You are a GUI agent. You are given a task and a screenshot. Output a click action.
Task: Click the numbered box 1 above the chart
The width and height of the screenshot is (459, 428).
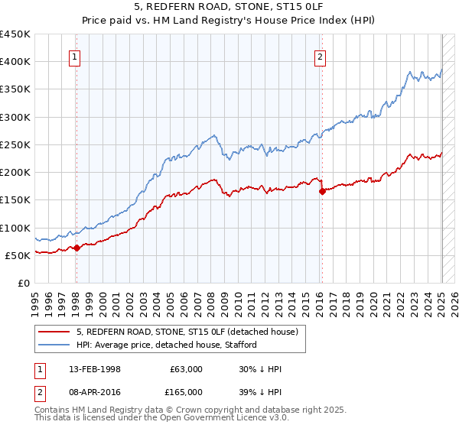[76, 56]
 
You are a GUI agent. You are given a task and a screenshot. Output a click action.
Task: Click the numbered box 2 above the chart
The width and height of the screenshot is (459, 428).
[320, 56]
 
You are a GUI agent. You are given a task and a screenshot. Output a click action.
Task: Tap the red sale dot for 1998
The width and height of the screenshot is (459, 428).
[76, 248]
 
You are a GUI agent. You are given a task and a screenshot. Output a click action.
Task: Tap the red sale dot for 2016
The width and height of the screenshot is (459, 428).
[322, 192]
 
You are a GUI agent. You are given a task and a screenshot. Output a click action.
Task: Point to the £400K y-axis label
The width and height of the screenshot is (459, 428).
[15, 62]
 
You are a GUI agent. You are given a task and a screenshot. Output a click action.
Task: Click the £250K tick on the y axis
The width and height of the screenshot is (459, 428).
[15, 144]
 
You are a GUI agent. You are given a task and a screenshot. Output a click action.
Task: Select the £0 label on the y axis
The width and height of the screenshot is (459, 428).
[24, 283]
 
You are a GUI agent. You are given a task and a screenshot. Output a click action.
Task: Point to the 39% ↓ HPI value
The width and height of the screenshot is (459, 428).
[261, 391]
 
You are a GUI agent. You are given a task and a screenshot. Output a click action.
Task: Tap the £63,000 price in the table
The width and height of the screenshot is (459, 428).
[187, 369]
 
